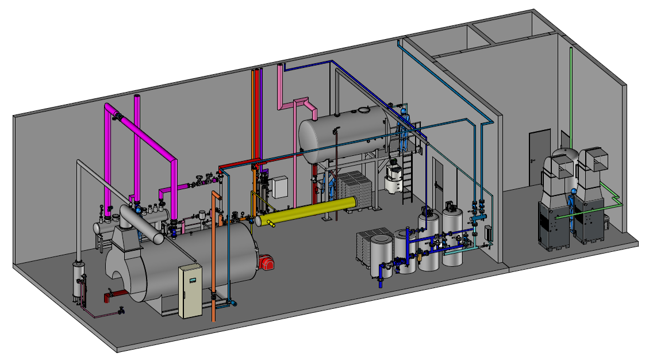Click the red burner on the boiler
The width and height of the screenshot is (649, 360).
tap(266, 263)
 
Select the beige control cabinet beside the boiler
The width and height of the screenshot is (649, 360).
tap(190, 292)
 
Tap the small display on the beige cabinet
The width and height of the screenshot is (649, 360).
tap(193, 280)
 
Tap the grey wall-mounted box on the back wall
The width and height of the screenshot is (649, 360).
tap(280, 187)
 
